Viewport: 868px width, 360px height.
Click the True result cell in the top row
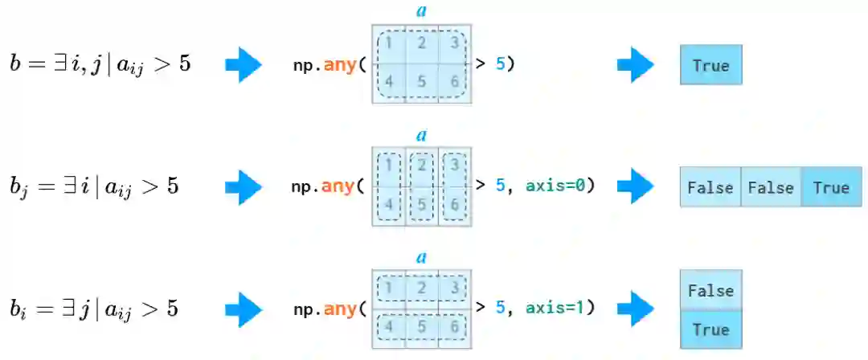(710, 65)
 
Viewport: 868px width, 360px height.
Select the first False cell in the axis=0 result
(710, 187)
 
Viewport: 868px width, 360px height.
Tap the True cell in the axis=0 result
(831, 187)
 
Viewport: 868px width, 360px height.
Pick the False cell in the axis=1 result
(710, 290)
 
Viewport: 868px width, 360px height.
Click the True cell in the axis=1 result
(710, 329)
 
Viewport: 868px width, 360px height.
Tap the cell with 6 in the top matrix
(454, 82)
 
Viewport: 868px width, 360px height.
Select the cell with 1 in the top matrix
(389, 43)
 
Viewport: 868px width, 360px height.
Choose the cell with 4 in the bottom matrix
(389, 328)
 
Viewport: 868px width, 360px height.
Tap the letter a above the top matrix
(421, 12)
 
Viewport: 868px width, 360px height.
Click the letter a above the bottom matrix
(421, 258)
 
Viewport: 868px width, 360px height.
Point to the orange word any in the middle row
(338, 187)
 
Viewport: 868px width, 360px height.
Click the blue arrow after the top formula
(244, 65)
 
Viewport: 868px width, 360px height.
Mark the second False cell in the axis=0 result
(770, 187)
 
